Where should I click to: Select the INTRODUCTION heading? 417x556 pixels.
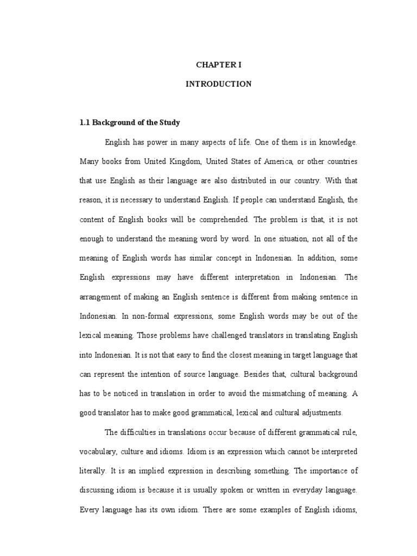218,84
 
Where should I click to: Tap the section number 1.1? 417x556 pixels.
85,123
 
